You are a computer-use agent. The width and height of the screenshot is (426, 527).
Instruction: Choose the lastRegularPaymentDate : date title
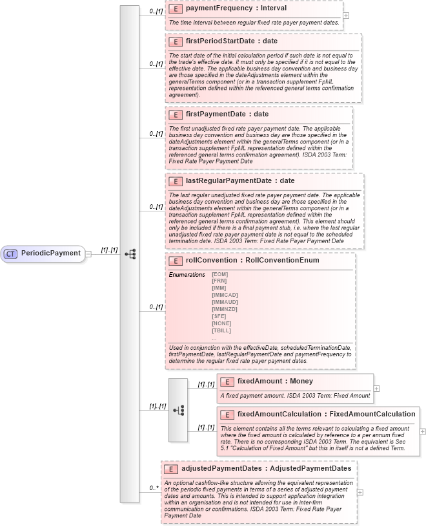coord(230,180)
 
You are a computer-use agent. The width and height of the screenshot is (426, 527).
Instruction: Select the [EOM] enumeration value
coord(219,274)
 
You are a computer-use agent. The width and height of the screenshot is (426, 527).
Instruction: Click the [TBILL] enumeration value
coord(221,330)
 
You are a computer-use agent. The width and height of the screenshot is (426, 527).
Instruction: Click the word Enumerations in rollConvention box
coord(187,275)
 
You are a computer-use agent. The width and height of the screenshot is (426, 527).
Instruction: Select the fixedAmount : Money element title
coord(275,382)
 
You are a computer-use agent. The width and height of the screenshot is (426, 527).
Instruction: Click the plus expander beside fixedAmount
coord(376,389)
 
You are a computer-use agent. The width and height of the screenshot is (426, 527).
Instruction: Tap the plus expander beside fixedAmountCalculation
coord(423,431)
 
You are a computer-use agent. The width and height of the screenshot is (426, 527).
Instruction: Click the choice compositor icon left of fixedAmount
coord(178,410)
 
